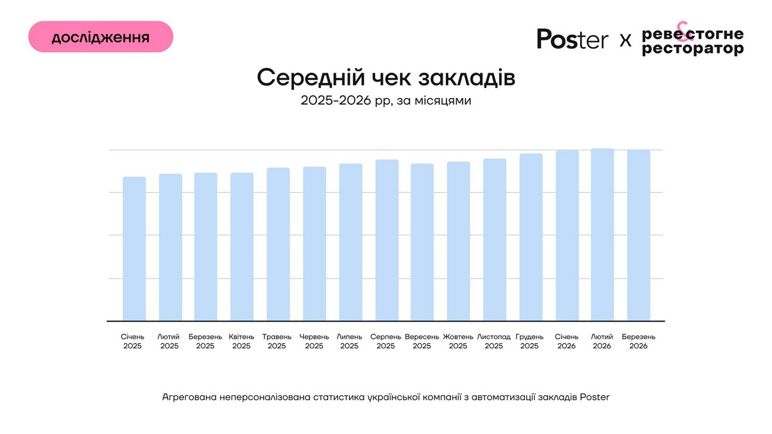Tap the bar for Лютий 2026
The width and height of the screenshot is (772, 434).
(602, 235)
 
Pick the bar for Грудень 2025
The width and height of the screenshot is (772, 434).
(531, 237)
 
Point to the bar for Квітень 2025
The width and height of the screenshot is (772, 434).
(242, 247)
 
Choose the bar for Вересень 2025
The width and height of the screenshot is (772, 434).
(422, 242)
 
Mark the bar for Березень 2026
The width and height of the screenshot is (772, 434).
(639, 235)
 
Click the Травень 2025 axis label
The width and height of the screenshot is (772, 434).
(277, 341)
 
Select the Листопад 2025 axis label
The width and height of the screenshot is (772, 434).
(494, 341)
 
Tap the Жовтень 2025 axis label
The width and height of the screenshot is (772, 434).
(458, 341)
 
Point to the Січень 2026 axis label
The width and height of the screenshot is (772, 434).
(567, 341)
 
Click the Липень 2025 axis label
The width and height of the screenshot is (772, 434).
(349, 341)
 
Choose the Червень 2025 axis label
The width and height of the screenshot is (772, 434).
(314, 341)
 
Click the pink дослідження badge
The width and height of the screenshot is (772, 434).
(100, 37)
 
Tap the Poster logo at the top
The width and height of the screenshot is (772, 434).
(572, 40)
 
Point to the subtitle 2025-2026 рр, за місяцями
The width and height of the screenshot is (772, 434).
(386, 101)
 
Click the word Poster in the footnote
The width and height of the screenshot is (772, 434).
(594, 397)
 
